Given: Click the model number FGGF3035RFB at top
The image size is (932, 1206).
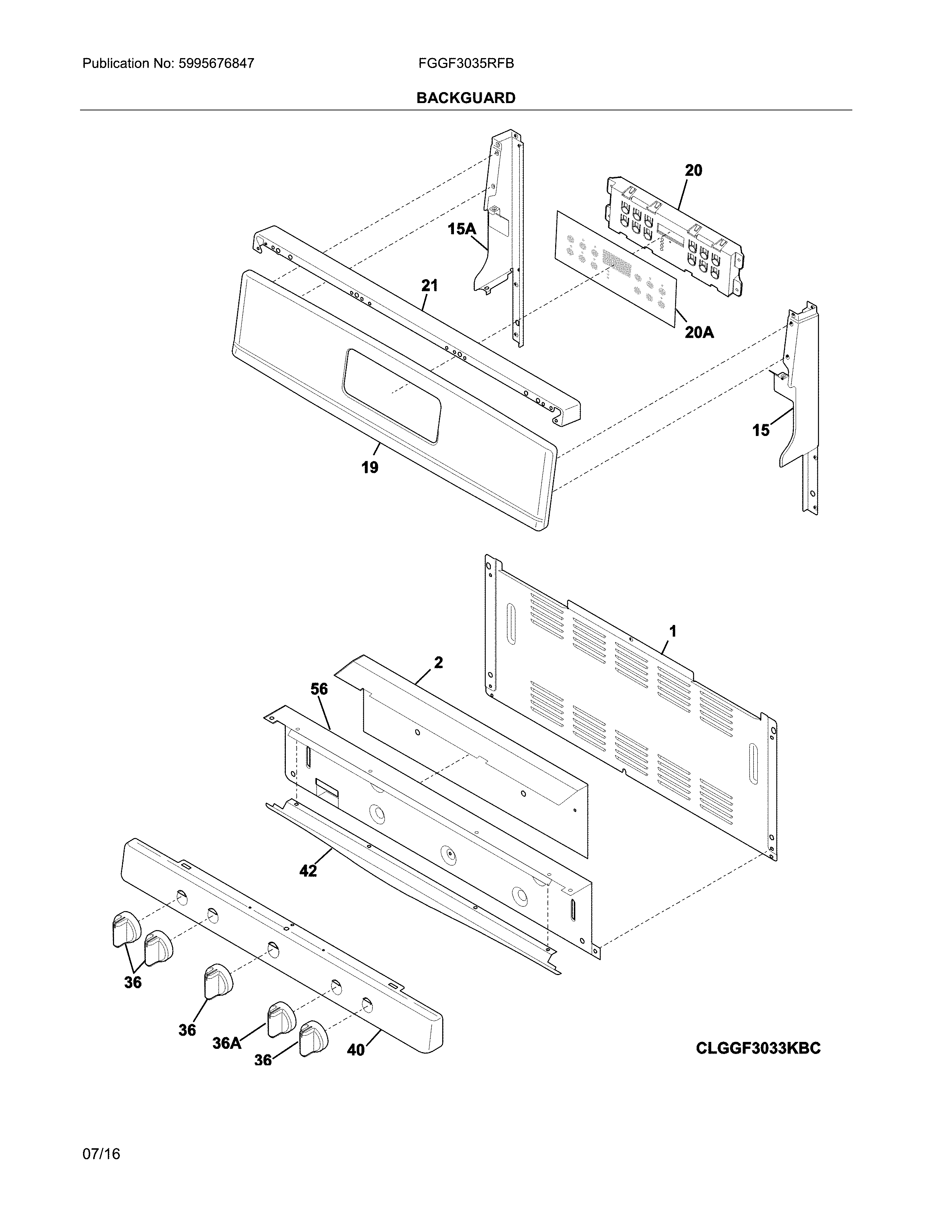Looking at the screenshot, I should [466, 64].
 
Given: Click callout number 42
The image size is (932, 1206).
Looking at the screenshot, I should [308, 871].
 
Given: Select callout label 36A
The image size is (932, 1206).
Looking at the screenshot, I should [227, 1043].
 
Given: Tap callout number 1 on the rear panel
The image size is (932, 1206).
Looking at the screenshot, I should [673, 631].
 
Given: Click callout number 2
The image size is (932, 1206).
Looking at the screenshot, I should [438, 663].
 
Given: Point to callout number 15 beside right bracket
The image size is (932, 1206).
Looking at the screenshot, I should [761, 430].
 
